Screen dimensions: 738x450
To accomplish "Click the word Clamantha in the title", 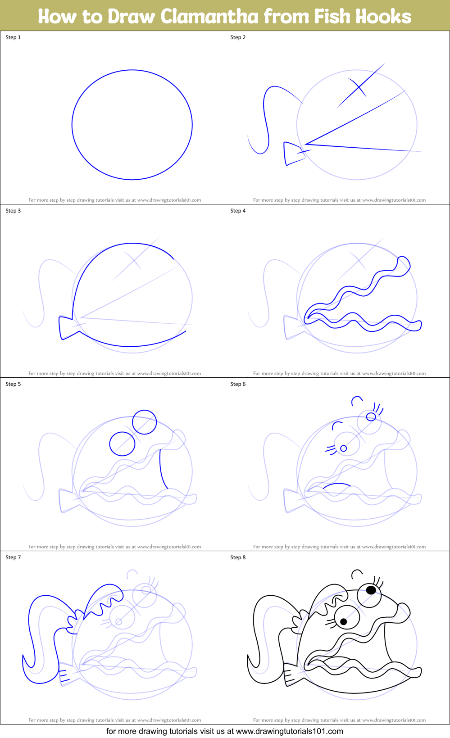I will coord(209,16).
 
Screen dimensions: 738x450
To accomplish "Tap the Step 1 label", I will coord(13,37).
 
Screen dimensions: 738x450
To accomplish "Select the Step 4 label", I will coord(238,211).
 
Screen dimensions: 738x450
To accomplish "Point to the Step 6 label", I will coord(238,384).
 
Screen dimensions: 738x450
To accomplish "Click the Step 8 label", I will coord(238,557).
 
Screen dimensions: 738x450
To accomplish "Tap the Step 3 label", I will coord(13,211).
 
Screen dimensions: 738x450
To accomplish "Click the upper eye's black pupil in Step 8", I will coord(371,589).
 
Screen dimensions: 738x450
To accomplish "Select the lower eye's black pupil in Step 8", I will coord(344,621).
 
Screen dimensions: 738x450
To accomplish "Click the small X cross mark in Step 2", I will coord(357,86).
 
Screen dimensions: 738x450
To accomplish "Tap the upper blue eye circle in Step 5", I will coord(145,422).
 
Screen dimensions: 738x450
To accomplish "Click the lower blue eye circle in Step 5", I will coord(122,444).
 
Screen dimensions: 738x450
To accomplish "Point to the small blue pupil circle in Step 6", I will coord(344,448).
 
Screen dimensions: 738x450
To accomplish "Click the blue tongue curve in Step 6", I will coord(337,485).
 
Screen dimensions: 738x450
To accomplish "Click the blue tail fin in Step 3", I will coord(66,327).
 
